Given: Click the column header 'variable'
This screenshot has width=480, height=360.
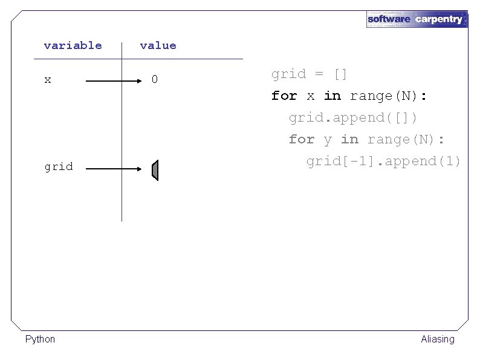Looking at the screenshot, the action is click(73, 45).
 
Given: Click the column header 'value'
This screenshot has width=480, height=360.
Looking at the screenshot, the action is click(158, 45).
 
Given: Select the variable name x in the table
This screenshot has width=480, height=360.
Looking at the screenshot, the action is click(48, 80).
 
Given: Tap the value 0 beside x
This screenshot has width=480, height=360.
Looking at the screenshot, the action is click(155, 79).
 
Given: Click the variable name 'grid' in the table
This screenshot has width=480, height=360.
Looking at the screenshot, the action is click(59, 166).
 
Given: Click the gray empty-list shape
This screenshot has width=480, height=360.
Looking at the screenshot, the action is click(155, 171).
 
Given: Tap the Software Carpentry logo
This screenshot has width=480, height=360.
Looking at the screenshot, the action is click(417, 19).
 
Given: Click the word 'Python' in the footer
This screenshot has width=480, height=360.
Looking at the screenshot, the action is click(40, 339).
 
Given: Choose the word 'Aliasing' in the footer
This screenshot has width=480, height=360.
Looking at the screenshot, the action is click(438, 339).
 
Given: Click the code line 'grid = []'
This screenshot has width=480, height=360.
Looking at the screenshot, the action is click(309, 74).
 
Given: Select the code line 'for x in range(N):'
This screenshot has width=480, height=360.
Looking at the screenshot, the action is click(350, 96).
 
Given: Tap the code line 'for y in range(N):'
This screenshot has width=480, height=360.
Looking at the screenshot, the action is click(366, 139).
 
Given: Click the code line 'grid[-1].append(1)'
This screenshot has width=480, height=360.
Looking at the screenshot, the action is click(383, 161).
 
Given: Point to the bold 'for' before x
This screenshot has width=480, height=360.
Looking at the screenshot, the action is click(284, 96).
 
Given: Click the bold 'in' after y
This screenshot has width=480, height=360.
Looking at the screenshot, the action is click(349, 139).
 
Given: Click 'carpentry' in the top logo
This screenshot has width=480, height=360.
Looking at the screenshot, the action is click(439, 19).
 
